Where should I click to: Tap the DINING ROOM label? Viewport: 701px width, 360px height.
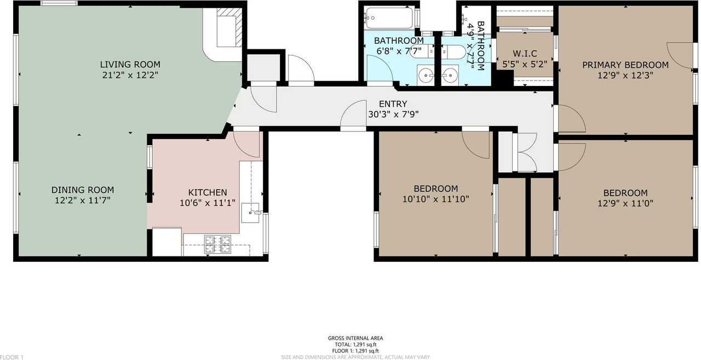pyautogui.click(x=83, y=190)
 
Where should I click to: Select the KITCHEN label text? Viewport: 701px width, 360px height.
pyautogui.click(x=207, y=192)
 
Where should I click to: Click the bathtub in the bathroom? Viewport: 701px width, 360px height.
pyautogui.click(x=389, y=18)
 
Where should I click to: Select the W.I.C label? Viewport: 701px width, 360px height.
pyautogui.click(x=524, y=53)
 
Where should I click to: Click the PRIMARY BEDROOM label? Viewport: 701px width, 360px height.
pyautogui.click(x=625, y=65)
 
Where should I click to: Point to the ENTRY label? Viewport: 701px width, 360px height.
pyautogui.click(x=393, y=104)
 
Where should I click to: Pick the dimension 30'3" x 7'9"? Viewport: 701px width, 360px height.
pyautogui.click(x=393, y=115)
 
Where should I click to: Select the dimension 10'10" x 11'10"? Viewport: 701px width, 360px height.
pyautogui.click(x=435, y=199)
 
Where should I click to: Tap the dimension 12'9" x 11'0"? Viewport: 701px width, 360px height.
pyautogui.click(x=625, y=203)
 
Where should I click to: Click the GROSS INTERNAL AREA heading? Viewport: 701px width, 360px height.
pyautogui.click(x=355, y=338)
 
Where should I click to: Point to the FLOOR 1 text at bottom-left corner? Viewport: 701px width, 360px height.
pyautogui.click(x=12, y=357)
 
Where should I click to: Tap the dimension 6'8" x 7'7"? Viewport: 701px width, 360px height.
pyautogui.click(x=398, y=51)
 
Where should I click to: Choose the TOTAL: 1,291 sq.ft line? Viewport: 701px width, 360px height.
pyautogui.click(x=355, y=345)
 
